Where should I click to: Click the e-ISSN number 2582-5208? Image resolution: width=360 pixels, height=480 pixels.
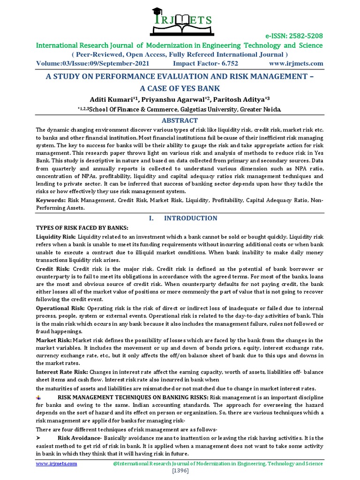298,36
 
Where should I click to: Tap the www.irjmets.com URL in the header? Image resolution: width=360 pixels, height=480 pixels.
296,63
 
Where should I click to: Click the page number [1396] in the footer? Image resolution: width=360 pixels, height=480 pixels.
180,470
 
